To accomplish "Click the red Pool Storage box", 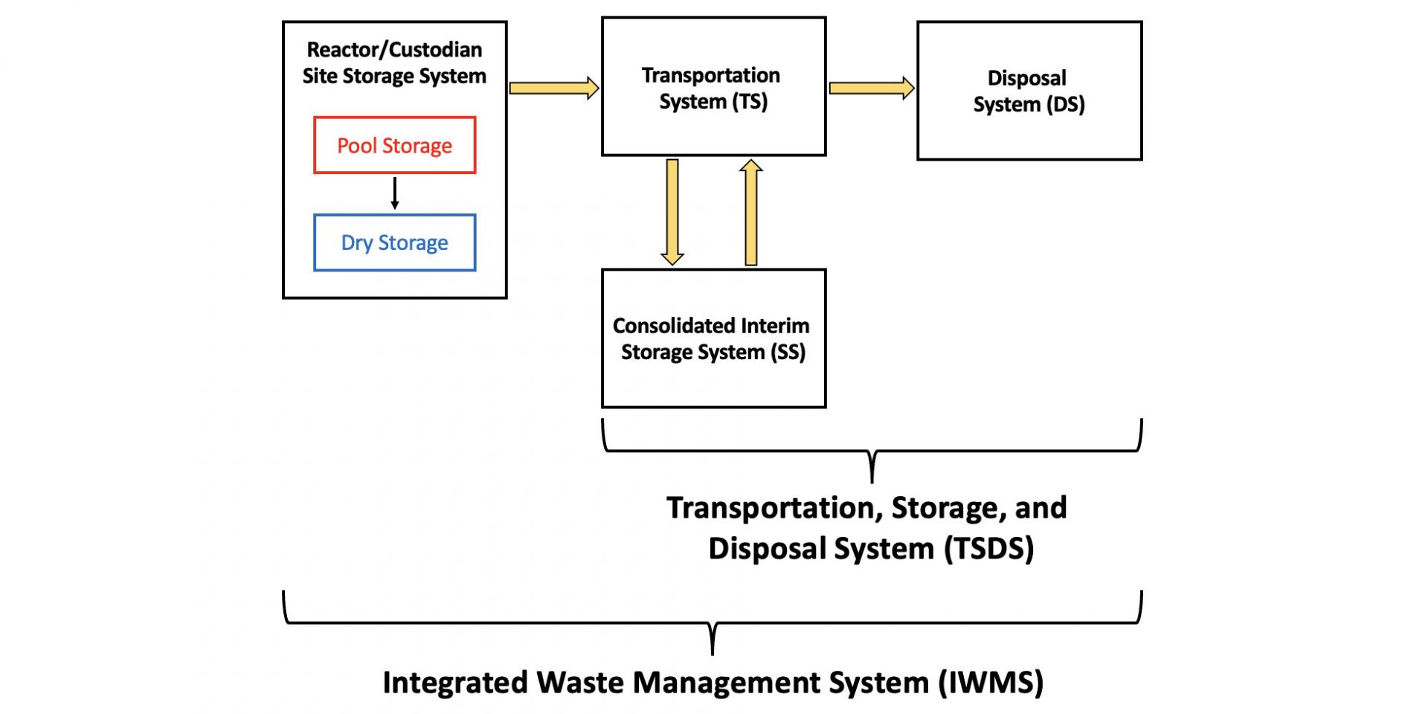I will [394, 145].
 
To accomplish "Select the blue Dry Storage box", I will [394, 242].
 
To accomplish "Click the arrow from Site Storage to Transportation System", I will [553, 88].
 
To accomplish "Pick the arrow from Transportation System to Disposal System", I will [871, 88].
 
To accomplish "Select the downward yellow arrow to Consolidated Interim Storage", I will [672, 212].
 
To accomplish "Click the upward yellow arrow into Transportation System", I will [751, 212].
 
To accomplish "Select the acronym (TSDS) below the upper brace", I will [989, 549].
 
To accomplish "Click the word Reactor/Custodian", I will [394, 50].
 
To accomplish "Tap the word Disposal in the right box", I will [1026, 78].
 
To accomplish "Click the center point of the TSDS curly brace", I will [872, 467].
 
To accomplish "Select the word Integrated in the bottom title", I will [455, 683].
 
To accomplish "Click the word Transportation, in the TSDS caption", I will [773, 508].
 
